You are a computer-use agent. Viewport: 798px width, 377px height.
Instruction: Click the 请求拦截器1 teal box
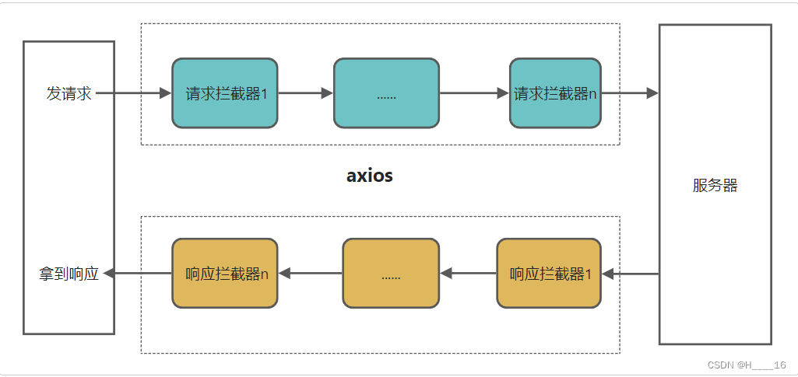tap(225, 93)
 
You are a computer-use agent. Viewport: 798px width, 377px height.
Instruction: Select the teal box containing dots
tap(386, 93)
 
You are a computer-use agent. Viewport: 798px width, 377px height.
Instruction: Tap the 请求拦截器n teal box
tap(555, 93)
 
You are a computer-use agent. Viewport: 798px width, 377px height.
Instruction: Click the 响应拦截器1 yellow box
tap(549, 274)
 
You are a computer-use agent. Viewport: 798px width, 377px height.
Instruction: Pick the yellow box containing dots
tap(391, 274)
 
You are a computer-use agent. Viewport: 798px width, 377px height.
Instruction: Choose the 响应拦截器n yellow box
tap(225, 274)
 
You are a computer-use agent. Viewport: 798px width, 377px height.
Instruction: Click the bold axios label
tap(370, 176)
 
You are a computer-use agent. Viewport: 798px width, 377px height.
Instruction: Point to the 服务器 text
tap(715, 186)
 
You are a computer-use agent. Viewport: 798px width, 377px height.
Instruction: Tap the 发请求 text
tap(69, 94)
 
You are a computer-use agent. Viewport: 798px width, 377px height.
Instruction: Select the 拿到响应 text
tap(69, 274)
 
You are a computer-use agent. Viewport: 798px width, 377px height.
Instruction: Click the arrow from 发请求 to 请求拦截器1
tap(133, 93)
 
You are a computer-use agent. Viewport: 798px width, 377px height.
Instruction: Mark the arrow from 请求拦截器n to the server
tap(629, 93)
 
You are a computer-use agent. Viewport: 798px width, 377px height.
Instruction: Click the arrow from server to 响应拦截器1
tap(631, 274)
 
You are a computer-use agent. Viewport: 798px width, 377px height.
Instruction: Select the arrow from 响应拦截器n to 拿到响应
tap(138, 274)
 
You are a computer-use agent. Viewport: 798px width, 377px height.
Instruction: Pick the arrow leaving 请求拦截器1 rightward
tap(305, 93)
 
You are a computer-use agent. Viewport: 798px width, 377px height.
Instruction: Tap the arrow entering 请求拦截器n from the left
tap(474, 93)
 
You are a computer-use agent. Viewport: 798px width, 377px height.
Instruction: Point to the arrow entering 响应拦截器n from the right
tap(310, 274)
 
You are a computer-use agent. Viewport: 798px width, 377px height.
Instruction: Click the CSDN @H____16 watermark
tap(746, 365)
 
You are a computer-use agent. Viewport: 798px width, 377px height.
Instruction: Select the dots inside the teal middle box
tap(386, 96)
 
